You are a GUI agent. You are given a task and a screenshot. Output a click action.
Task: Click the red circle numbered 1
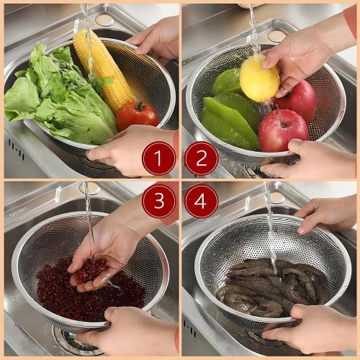click(158, 158)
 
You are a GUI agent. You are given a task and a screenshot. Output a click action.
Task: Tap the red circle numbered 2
click(202, 158)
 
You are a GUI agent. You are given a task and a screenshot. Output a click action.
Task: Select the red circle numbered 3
click(158, 201)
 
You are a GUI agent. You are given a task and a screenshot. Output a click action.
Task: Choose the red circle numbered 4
click(202, 201)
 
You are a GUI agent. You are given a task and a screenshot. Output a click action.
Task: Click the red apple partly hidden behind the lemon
click(299, 101)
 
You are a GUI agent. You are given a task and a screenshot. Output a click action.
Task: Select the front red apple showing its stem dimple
click(282, 130)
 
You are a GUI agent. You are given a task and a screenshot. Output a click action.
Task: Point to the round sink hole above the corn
click(104, 20)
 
